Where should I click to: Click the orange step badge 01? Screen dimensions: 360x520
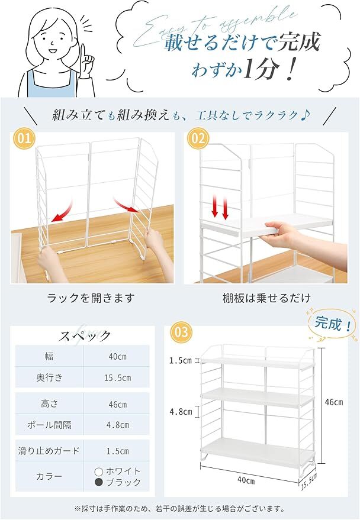24,138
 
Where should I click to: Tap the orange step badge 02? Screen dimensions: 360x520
198,138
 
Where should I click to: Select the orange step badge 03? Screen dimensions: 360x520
181,332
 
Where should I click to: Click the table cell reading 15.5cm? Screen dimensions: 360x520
117,378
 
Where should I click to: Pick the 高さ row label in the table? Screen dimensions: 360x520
49,403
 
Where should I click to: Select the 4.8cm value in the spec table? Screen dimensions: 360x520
118,425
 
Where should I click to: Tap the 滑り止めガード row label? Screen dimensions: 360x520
49,451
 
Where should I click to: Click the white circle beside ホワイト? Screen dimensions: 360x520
99,471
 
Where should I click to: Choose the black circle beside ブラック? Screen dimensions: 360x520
99,482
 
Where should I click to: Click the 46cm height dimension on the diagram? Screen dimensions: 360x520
334,402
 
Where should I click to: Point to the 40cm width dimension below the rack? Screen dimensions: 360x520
246,480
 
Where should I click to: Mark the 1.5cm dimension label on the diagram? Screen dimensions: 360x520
181,360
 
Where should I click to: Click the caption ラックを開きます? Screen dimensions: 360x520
91,298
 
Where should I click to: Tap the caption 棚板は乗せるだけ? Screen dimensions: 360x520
267,298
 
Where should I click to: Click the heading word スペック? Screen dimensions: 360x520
84,336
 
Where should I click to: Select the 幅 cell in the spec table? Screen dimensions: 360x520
49,357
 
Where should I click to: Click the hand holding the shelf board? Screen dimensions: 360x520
281,235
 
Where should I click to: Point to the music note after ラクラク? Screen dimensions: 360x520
305,115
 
